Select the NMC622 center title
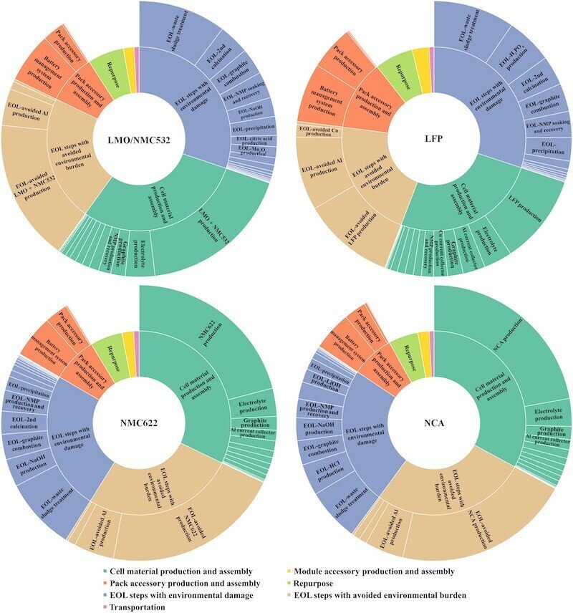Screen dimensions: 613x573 140,423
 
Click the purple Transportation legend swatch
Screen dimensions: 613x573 106,607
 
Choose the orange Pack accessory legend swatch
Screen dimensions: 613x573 106,582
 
